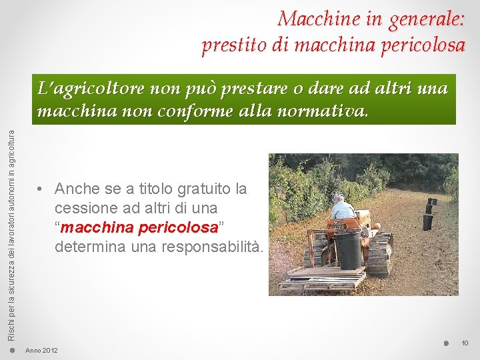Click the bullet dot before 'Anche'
41,189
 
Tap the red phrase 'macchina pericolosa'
139,227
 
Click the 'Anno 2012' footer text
41,351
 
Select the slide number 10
465,343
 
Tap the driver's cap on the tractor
340,198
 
